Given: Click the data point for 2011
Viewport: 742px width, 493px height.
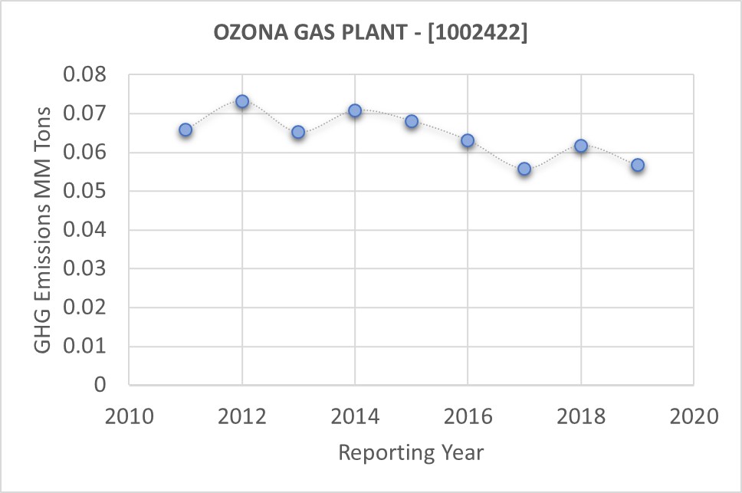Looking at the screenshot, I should coord(185,130).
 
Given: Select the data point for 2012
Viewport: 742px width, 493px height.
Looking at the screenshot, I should coord(242,101).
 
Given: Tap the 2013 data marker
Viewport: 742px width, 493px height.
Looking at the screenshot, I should coord(298,133).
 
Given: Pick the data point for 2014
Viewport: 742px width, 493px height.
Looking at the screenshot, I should coord(355,110).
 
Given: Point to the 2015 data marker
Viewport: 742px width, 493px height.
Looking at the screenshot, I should coord(412,121).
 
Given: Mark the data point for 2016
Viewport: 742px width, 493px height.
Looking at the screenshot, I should coord(468,140).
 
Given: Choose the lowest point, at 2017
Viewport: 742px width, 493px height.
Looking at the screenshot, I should coord(524,169).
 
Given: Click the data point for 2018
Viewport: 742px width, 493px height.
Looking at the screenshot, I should coord(581,146).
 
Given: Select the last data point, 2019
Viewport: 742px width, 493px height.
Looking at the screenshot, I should coord(637,165).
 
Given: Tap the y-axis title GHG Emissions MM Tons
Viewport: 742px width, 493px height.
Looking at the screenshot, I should coord(44,229).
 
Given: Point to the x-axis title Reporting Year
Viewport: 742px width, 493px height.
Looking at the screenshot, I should coord(412,452).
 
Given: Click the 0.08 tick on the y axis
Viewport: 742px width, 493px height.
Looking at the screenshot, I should coord(91,75).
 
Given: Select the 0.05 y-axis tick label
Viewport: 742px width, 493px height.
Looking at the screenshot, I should coord(91,192).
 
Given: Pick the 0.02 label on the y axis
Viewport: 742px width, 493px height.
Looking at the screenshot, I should coord(91,307).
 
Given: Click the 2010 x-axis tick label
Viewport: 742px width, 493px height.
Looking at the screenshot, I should coord(129,417).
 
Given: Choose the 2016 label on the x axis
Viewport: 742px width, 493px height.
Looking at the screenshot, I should coord(468,417).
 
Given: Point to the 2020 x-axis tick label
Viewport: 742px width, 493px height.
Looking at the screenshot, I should coord(694,417).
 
